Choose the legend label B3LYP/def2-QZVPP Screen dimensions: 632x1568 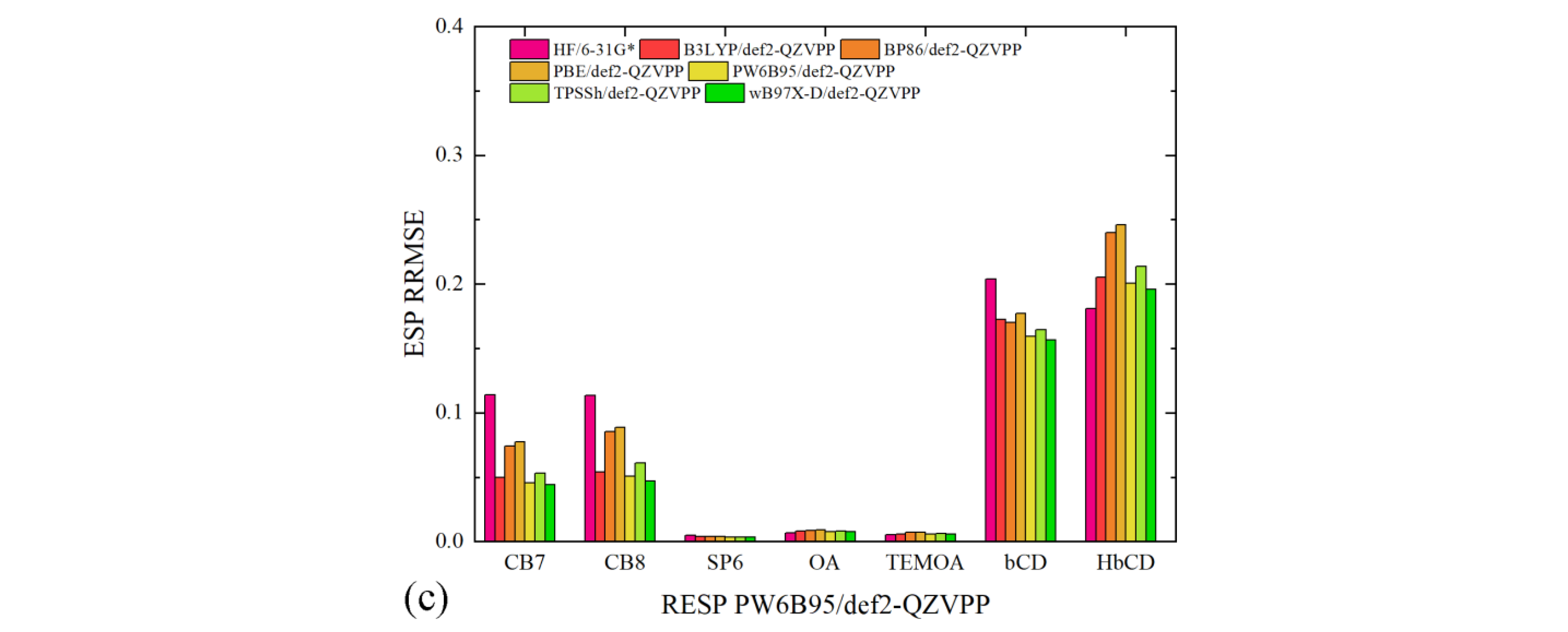[x=759, y=49]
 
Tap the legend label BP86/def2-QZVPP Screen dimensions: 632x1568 [x=952, y=49]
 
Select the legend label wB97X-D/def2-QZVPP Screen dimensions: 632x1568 [x=834, y=93]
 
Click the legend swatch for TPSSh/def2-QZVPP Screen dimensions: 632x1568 [x=528, y=93]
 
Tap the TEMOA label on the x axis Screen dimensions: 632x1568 [x=924, y=563]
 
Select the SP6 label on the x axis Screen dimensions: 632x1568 [x=724, y=563]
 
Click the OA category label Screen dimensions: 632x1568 [x=824, y=563]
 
